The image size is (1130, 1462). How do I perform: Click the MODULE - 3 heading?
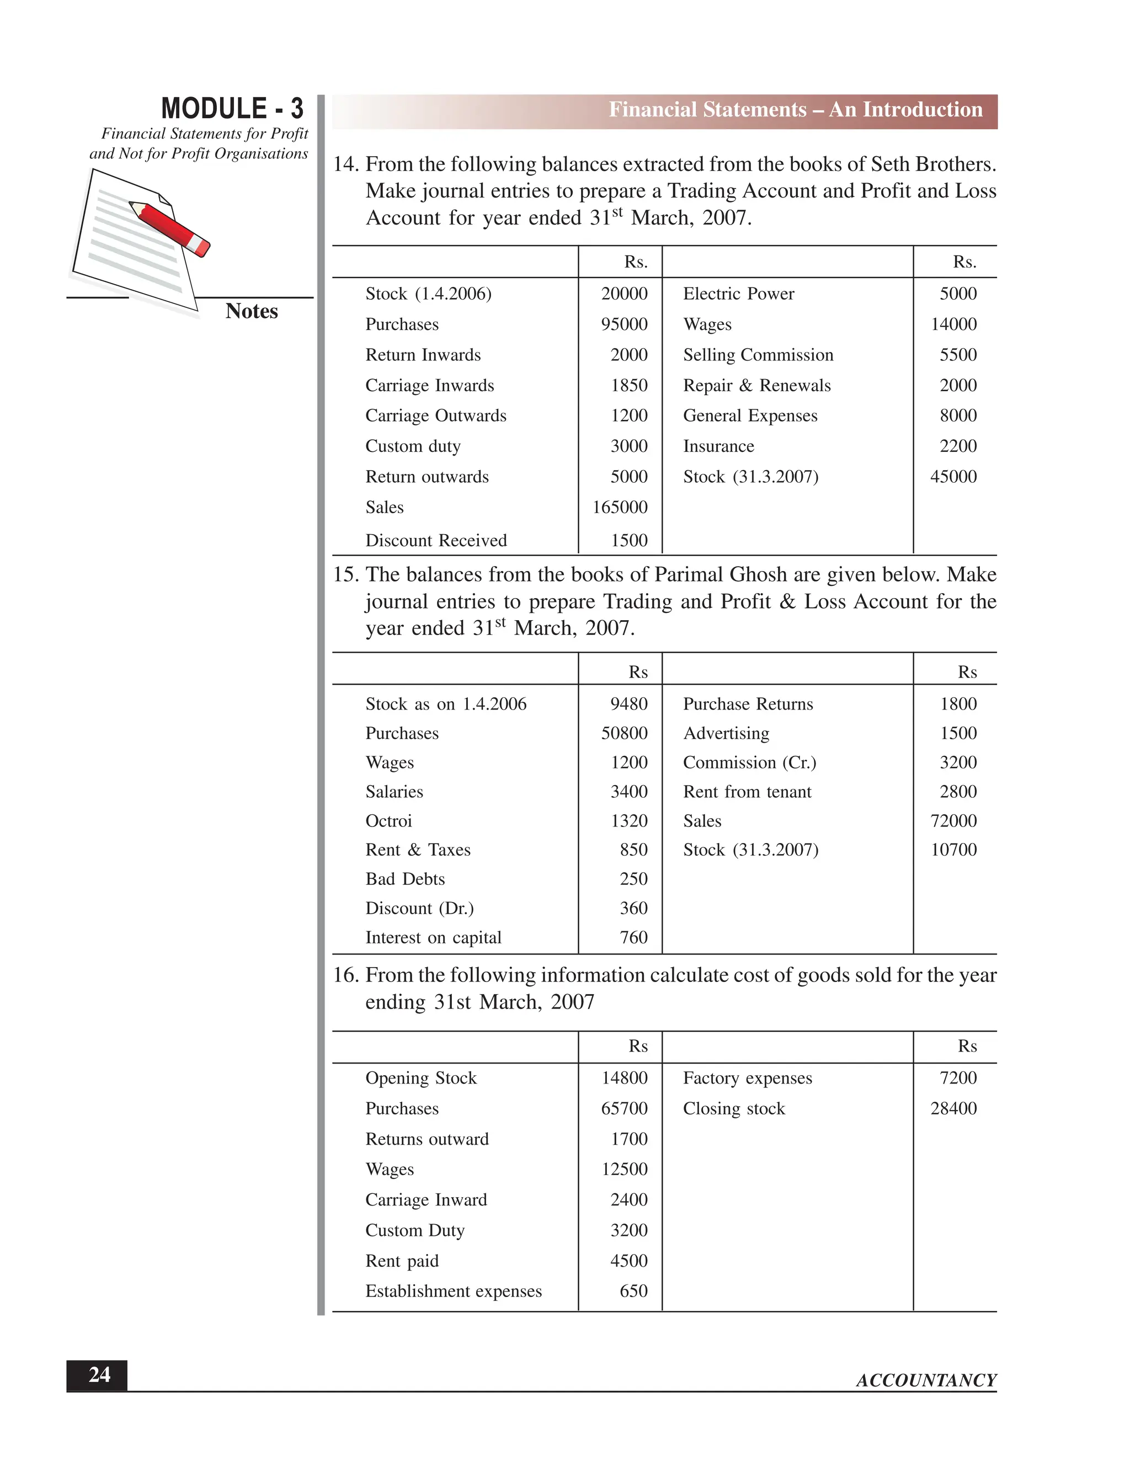232,109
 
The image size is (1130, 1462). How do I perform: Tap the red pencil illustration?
170,228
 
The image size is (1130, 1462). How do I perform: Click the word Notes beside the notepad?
251,311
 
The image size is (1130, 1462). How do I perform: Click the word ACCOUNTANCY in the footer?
926,1380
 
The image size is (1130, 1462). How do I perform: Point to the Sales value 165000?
619,508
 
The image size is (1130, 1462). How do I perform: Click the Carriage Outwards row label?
435,416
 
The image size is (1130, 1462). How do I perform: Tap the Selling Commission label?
758,355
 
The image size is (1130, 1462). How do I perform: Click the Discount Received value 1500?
628,540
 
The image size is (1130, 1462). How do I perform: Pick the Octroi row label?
388,821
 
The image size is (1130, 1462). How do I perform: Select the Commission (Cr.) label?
749,762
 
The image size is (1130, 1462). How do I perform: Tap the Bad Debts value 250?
633,879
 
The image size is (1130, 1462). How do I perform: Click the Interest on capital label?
433,937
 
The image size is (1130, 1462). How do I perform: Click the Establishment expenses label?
453,1292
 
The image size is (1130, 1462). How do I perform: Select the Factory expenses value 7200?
957,1078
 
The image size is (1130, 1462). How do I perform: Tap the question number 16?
345,975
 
